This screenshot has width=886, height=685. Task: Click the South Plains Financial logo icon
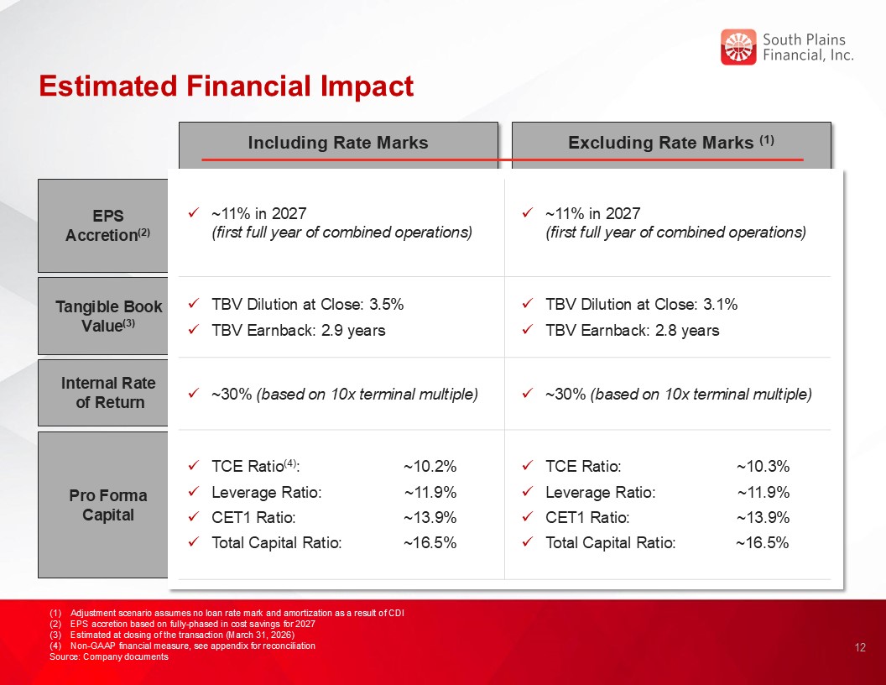point(738,47)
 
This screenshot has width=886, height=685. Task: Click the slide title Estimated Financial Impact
point(227,86)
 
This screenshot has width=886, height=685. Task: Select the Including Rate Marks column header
point(338,143)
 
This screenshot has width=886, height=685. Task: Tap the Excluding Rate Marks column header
point(670,143)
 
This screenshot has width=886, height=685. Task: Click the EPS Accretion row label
point(108,226)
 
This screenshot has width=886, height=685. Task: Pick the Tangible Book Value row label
point(108,316)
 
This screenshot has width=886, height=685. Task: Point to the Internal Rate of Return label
point(108,393)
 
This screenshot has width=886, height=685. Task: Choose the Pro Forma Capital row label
point(108,505)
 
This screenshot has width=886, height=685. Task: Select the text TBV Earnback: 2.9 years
point(299,330)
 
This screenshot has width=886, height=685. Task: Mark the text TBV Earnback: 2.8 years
point(633,330)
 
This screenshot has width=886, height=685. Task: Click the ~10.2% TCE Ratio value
point(430,467)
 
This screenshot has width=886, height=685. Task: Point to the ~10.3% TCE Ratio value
point(763,467)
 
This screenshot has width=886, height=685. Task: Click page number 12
point(859,647)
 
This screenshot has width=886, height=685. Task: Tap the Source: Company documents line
point(109,656)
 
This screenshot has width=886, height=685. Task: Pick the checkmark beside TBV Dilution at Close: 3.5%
point(194,304)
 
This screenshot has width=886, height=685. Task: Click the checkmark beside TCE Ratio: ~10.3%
point(528,467)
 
